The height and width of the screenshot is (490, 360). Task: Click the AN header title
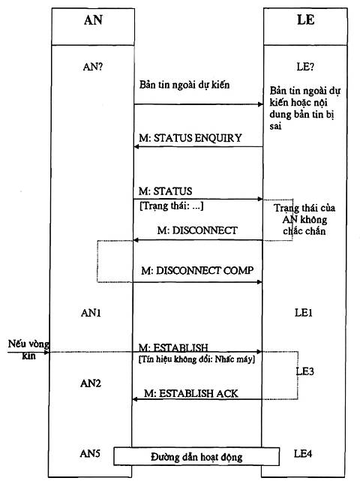click(x=93, y=20)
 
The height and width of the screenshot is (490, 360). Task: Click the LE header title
click(x=305, y=20)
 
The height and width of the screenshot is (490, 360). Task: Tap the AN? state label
click(x=93, y=67)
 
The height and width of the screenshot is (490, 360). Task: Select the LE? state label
click(x=305, y=67)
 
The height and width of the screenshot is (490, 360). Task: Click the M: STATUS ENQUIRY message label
click(x=190, y=138)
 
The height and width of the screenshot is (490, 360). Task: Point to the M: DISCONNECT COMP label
click(x=197, y=270)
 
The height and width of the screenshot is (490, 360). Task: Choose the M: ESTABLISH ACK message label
click(x=190, y=393)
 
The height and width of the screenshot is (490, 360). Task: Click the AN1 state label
click(x=91, y=313)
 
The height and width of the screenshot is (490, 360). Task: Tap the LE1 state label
click(x=304, y=312)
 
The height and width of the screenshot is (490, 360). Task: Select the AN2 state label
click(x=91, y=383)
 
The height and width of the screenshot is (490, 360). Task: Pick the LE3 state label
click(x=305, y=371)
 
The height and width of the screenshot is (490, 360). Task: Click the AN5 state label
click(x=90, y=453)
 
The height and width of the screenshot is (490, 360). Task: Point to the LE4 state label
click(x=303, y=453)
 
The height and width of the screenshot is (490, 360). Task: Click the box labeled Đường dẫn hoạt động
click(x=196, y=456)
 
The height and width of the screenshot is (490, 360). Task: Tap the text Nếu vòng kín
click(x=28, y=350)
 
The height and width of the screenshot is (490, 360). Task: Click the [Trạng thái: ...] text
click(x=171, y=206)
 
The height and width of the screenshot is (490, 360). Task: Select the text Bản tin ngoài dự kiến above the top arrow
click(x=184, y=85)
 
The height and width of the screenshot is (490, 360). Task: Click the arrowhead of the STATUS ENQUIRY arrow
click(x=136, y=146)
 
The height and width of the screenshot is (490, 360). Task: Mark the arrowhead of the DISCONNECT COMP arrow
click(x=259, y=282)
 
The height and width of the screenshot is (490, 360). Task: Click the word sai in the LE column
click(x=275, y=126)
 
